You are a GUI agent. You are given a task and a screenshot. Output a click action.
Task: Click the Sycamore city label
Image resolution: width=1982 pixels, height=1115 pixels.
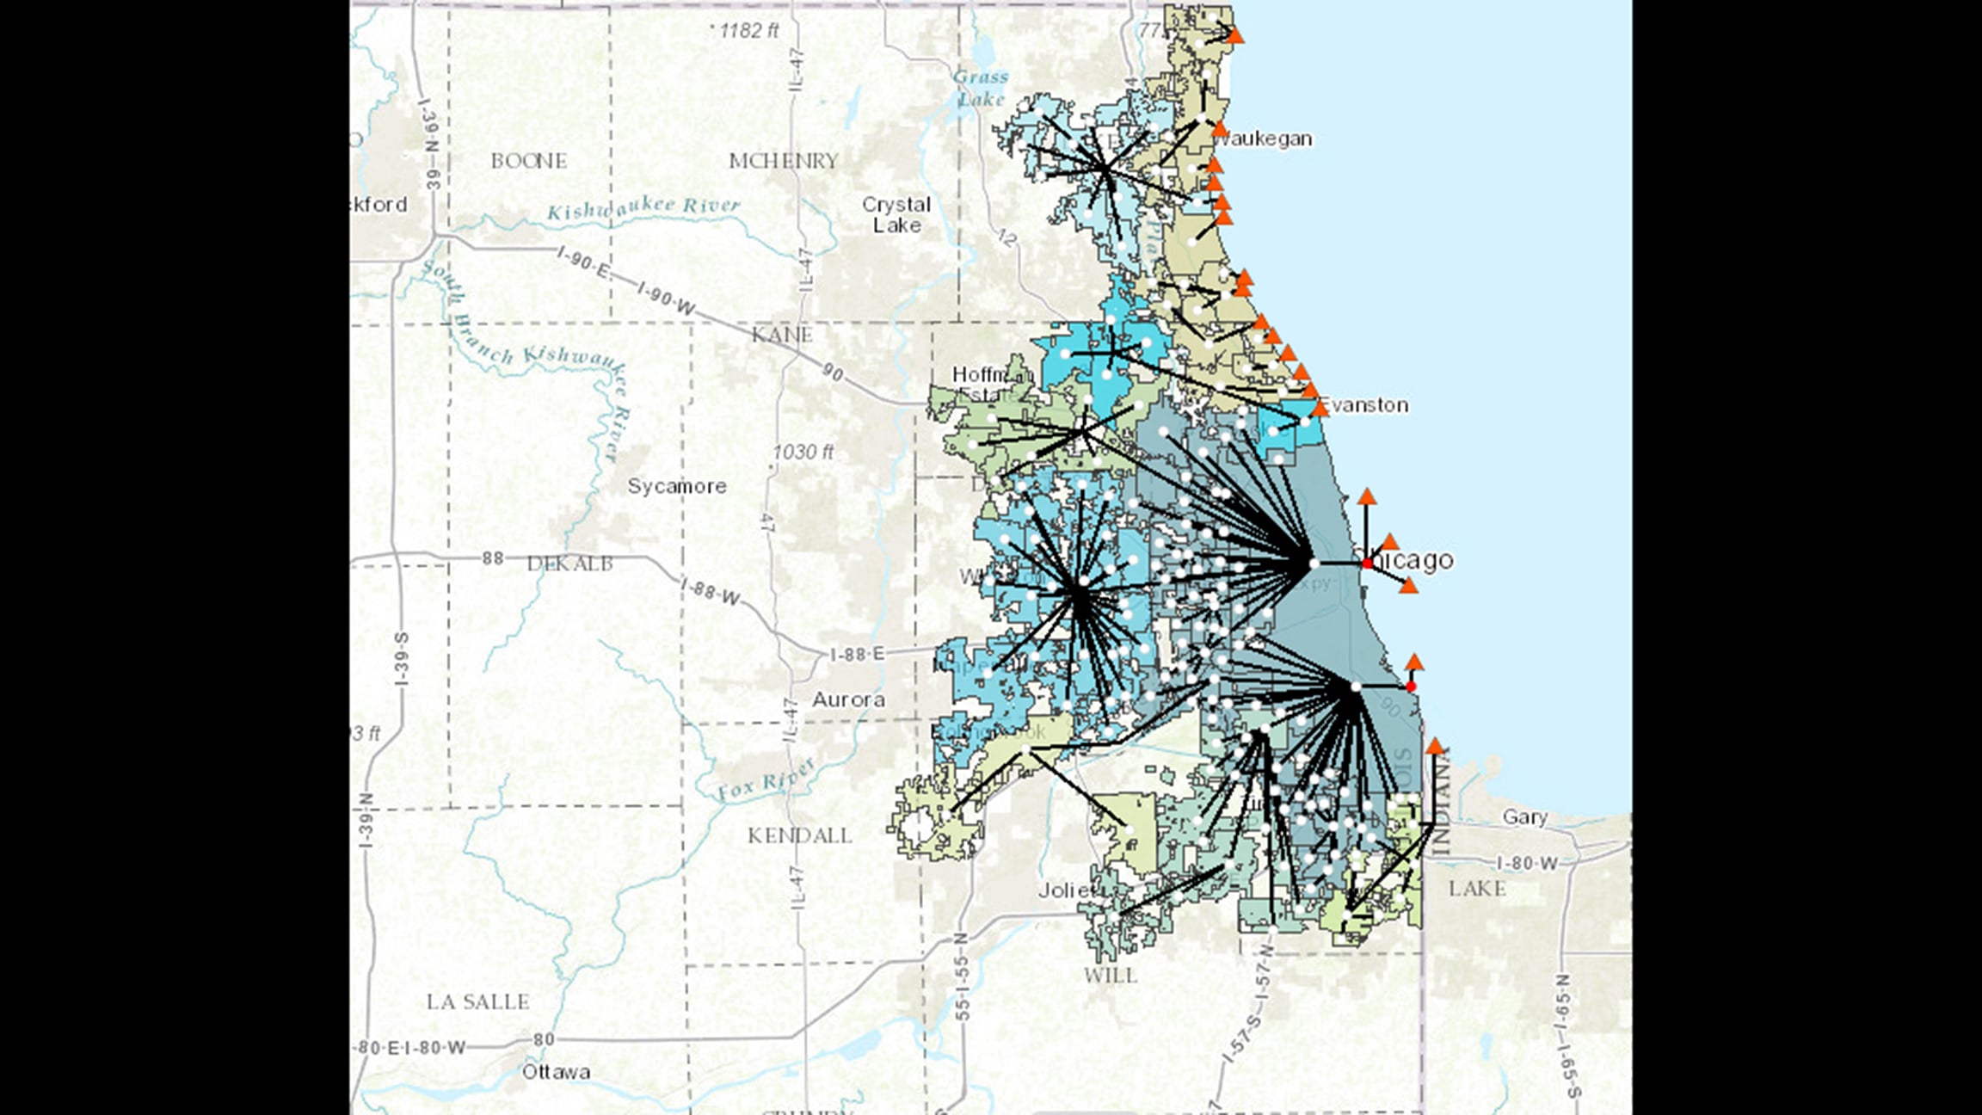(x=677, y=486)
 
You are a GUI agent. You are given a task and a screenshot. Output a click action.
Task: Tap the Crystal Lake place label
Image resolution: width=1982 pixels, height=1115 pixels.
(x=896, y=214)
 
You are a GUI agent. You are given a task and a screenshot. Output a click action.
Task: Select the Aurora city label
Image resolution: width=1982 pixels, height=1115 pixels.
(x=848, y=699)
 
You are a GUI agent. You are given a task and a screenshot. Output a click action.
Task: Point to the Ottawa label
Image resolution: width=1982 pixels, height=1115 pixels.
(x=556, y=1072)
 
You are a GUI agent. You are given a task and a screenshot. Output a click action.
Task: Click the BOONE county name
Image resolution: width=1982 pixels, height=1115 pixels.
(x=528, y=161)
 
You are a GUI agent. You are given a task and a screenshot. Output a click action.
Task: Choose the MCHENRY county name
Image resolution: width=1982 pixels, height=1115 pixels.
(x=783, y=161)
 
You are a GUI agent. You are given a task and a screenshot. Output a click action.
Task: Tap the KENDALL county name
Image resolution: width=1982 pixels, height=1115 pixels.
(x=799, y=835)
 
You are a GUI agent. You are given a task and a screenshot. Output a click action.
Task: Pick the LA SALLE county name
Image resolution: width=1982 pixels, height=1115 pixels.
(x=478, y=1002)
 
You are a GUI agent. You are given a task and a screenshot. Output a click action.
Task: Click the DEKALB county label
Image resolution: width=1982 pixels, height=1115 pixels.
(x=569, y=564)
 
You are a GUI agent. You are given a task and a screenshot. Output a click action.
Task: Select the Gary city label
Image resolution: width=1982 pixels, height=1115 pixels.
(x=1524, y=816)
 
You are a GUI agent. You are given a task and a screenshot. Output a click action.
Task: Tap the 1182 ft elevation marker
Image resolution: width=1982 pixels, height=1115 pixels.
(x=747, y=31)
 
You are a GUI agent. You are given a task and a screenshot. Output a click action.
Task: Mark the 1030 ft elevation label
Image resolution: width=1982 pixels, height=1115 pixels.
(x=803, y=452)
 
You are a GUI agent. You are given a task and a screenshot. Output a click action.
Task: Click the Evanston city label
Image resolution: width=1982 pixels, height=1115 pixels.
(x=1364, y=404)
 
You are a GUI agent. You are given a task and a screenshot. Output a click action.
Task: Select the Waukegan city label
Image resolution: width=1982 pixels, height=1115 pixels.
(x=1265, y=139)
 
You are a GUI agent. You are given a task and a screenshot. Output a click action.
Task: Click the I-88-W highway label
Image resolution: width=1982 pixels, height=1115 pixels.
(x=710, y=592)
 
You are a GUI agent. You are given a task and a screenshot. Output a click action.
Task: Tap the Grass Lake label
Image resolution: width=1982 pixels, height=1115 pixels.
(x=981, y=88)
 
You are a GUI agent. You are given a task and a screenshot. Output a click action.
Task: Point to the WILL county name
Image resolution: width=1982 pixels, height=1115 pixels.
(x=1110, y=976)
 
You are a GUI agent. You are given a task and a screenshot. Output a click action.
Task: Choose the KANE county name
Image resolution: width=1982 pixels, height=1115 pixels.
(x=781, y=334)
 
